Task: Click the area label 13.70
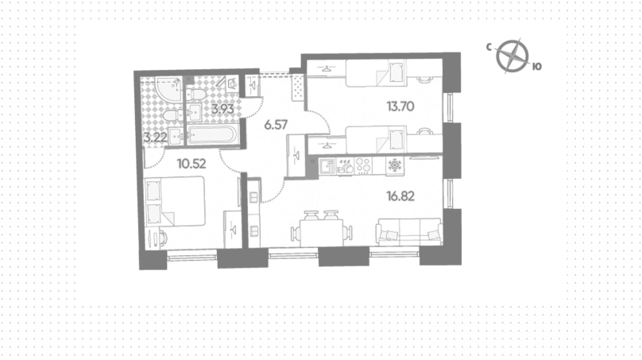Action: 400,106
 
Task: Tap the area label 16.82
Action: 400,196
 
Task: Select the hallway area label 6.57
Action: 276,125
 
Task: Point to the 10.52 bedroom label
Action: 191,164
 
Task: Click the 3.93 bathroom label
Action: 222,109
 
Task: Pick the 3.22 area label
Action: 155,137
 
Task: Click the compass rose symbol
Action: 512,56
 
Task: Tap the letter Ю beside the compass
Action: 537,66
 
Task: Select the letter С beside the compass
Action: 489,48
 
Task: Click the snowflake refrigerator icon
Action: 395,165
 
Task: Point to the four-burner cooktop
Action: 363,166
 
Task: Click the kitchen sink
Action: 327,166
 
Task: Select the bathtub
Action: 211,135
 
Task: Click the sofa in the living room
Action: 409,232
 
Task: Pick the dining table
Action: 322,233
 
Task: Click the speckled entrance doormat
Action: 298,87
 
